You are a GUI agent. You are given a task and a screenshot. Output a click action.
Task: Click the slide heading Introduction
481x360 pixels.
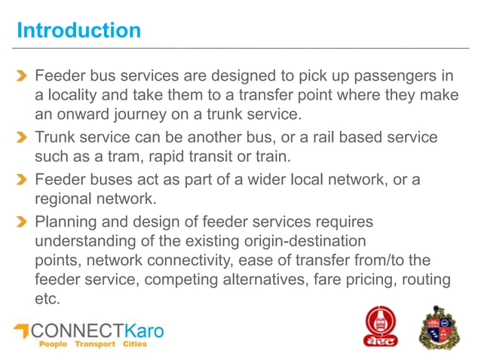(x=78, y=31)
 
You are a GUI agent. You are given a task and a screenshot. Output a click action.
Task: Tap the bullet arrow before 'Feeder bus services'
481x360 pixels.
(x=23, y=76)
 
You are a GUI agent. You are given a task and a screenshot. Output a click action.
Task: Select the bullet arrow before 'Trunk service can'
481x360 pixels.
(x=23, y=139)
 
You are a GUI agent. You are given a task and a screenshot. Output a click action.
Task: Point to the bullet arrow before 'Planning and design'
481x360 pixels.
(x=23, y=222)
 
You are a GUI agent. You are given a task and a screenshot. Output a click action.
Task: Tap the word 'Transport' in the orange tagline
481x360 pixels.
(x=95, y=344)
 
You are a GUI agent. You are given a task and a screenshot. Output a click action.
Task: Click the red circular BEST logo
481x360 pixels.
(x=381, y=325)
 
